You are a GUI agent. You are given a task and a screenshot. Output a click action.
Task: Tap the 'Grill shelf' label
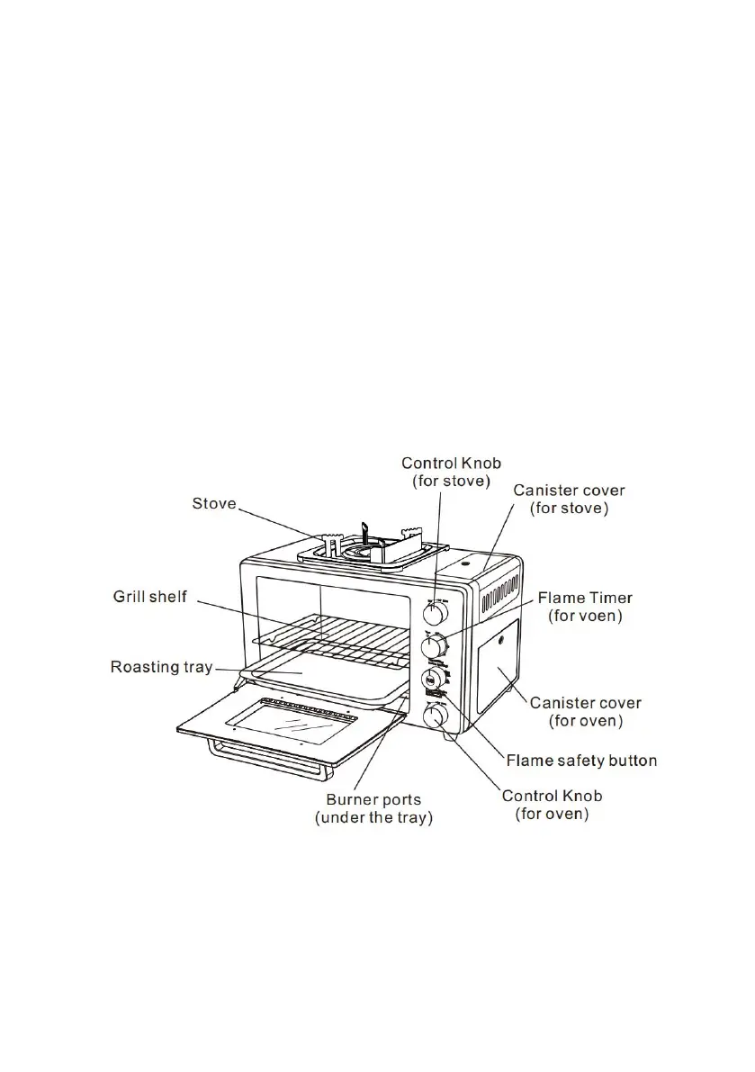[x=149, y=596]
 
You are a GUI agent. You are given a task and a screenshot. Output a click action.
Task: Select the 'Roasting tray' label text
[x=161, y=667]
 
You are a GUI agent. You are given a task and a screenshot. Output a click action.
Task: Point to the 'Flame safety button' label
[x=581, y=761]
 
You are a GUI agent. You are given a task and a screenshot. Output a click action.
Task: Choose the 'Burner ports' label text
[x=373, y=798]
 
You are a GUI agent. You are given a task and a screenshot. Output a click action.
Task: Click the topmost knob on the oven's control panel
[x=435, y=613]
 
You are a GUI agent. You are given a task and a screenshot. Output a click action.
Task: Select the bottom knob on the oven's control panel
[x=435, y=716]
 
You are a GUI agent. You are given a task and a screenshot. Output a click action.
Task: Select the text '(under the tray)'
[x=373, y=817]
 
